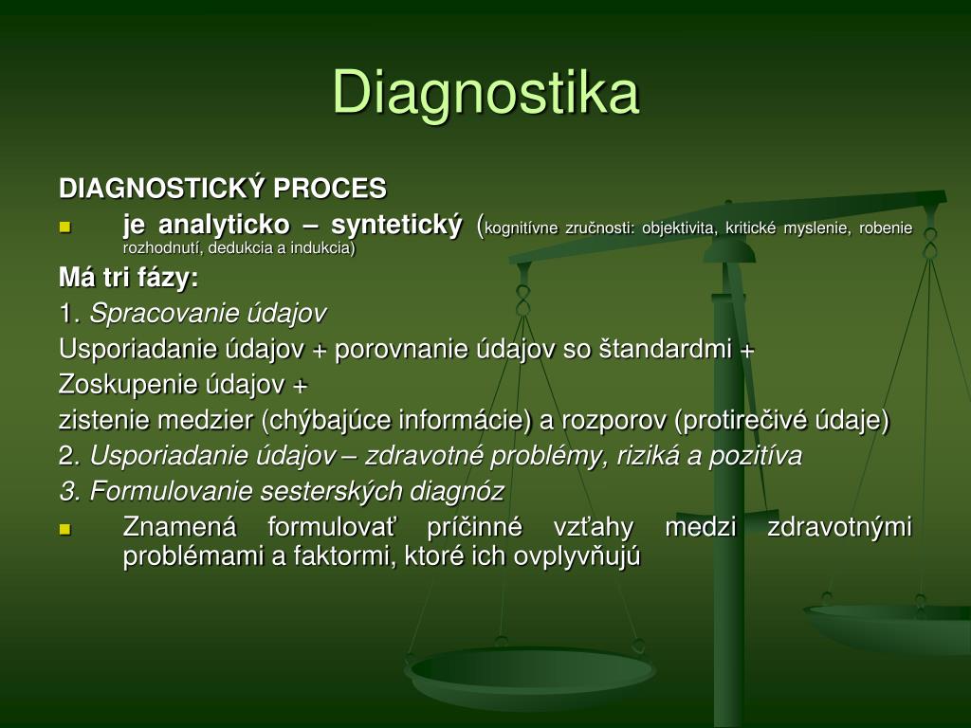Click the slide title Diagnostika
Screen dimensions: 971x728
pos(485,93)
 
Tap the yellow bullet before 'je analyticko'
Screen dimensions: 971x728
pos(65,227)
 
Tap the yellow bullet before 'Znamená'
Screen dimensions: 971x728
pos(65,529)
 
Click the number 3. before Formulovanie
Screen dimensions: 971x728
pos(71,492)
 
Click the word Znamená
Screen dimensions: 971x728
pos(179,527)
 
